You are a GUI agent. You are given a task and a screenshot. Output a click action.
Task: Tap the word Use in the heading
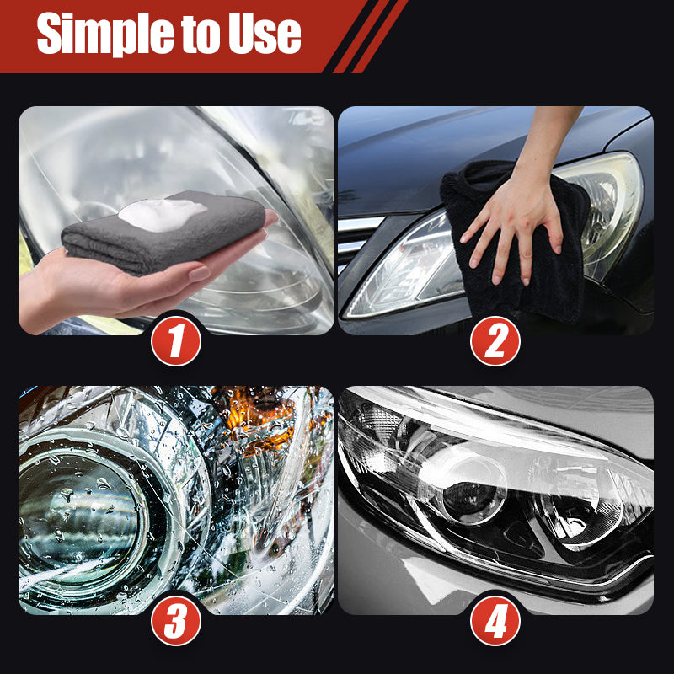point(264,35)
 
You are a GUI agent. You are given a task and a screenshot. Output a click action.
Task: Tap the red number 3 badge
point(176,623)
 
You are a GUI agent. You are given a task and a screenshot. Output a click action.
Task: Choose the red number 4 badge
point(495,623)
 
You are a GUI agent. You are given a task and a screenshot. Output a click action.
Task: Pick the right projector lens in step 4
point(581,505)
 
